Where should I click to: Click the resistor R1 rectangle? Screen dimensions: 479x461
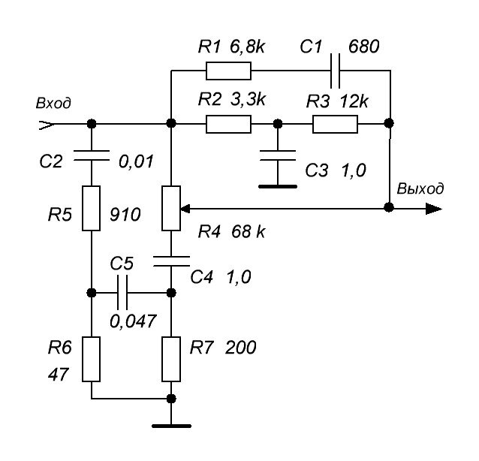[x=228, y=71]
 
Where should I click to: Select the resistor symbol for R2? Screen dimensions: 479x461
[x=228, y=124]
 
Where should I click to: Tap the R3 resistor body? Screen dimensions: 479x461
[x=335, y=124]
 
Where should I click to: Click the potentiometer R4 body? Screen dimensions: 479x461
[x=171, y=208]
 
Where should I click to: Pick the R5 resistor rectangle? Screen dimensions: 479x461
[x=91, y=208]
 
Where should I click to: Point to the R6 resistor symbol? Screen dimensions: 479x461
[x=91, y=360]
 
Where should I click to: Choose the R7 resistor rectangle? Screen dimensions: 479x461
[x=171, y=360]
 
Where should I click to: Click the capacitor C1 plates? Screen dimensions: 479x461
[x=335, y=71]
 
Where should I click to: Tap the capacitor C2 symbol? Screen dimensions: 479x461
[x=92, y=155]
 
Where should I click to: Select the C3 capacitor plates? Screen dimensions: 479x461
[x=278, y=155]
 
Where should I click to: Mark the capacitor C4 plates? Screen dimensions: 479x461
[x=171, y=261]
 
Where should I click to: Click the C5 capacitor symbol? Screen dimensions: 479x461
[x=122, y=293]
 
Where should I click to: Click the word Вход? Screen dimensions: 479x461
[x=53, y=104]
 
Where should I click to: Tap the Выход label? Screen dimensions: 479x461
[x=420, y=188]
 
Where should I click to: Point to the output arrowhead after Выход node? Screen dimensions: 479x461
[x=434, y=209]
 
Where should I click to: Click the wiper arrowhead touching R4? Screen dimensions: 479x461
[x=185, y=209]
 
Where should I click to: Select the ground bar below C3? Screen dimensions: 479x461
[x=278, y=186]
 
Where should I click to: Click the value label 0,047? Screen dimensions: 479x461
[x=133, y=321]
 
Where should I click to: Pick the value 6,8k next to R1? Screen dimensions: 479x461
[x=248, y=47]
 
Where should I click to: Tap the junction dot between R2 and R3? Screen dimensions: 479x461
[x=278, y=124]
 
